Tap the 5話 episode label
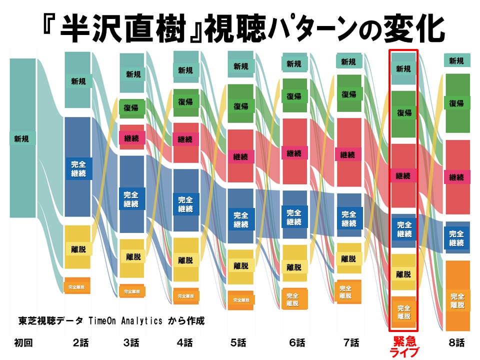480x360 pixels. [237, 343]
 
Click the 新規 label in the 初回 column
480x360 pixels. [21, 138]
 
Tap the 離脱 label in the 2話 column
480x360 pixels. [78, 247]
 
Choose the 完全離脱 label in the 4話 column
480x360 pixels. [185, 295]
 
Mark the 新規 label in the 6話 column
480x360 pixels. [294, 64]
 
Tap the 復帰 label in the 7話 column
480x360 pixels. [349, 94]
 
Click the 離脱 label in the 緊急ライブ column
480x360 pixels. [403, 274]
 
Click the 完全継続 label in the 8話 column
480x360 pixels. [456, 238]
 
